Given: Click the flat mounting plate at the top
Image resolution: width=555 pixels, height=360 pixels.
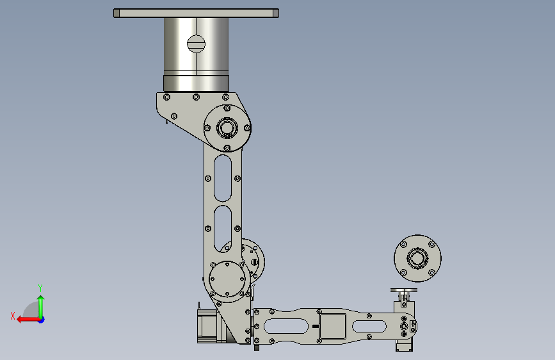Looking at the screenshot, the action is point(196,13).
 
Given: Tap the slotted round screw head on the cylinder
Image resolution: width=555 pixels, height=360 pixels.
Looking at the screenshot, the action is point(196,44).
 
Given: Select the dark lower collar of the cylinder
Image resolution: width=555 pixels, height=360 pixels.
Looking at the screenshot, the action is point(196,83).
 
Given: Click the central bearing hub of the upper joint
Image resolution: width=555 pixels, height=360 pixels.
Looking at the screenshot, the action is point(227,127).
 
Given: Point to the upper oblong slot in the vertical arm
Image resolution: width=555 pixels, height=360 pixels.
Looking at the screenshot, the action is point(223,178).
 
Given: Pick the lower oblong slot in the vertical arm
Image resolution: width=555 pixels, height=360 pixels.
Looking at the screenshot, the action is point(223,229).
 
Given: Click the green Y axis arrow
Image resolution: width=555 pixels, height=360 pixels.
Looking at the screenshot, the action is point(41,307).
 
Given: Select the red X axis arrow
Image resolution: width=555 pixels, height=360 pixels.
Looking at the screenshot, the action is point(28,320).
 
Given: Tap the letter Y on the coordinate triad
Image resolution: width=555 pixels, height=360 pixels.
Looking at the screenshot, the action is point(40,288).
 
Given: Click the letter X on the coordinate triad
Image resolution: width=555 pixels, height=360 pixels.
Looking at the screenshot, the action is point(13,316).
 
